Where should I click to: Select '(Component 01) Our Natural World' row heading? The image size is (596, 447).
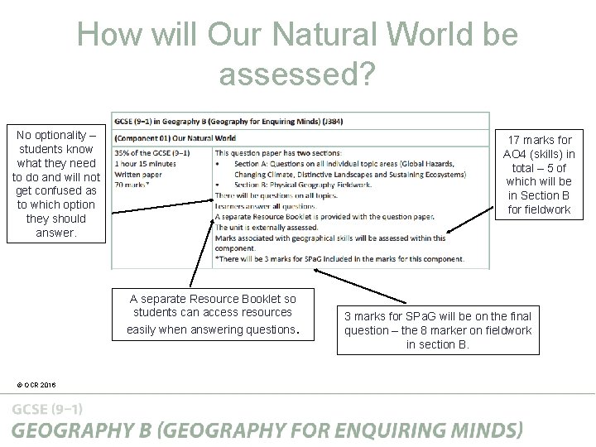175,138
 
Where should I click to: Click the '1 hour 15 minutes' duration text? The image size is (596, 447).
145,163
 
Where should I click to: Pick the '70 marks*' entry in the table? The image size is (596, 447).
133,185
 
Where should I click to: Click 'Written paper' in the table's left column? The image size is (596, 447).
137,174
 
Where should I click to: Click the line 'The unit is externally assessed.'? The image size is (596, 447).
266,227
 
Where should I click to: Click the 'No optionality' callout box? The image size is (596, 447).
56,183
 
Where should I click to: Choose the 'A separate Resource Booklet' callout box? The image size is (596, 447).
213,314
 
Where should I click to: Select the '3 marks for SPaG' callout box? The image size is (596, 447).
438,329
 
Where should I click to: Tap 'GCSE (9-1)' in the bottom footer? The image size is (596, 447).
47,409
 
